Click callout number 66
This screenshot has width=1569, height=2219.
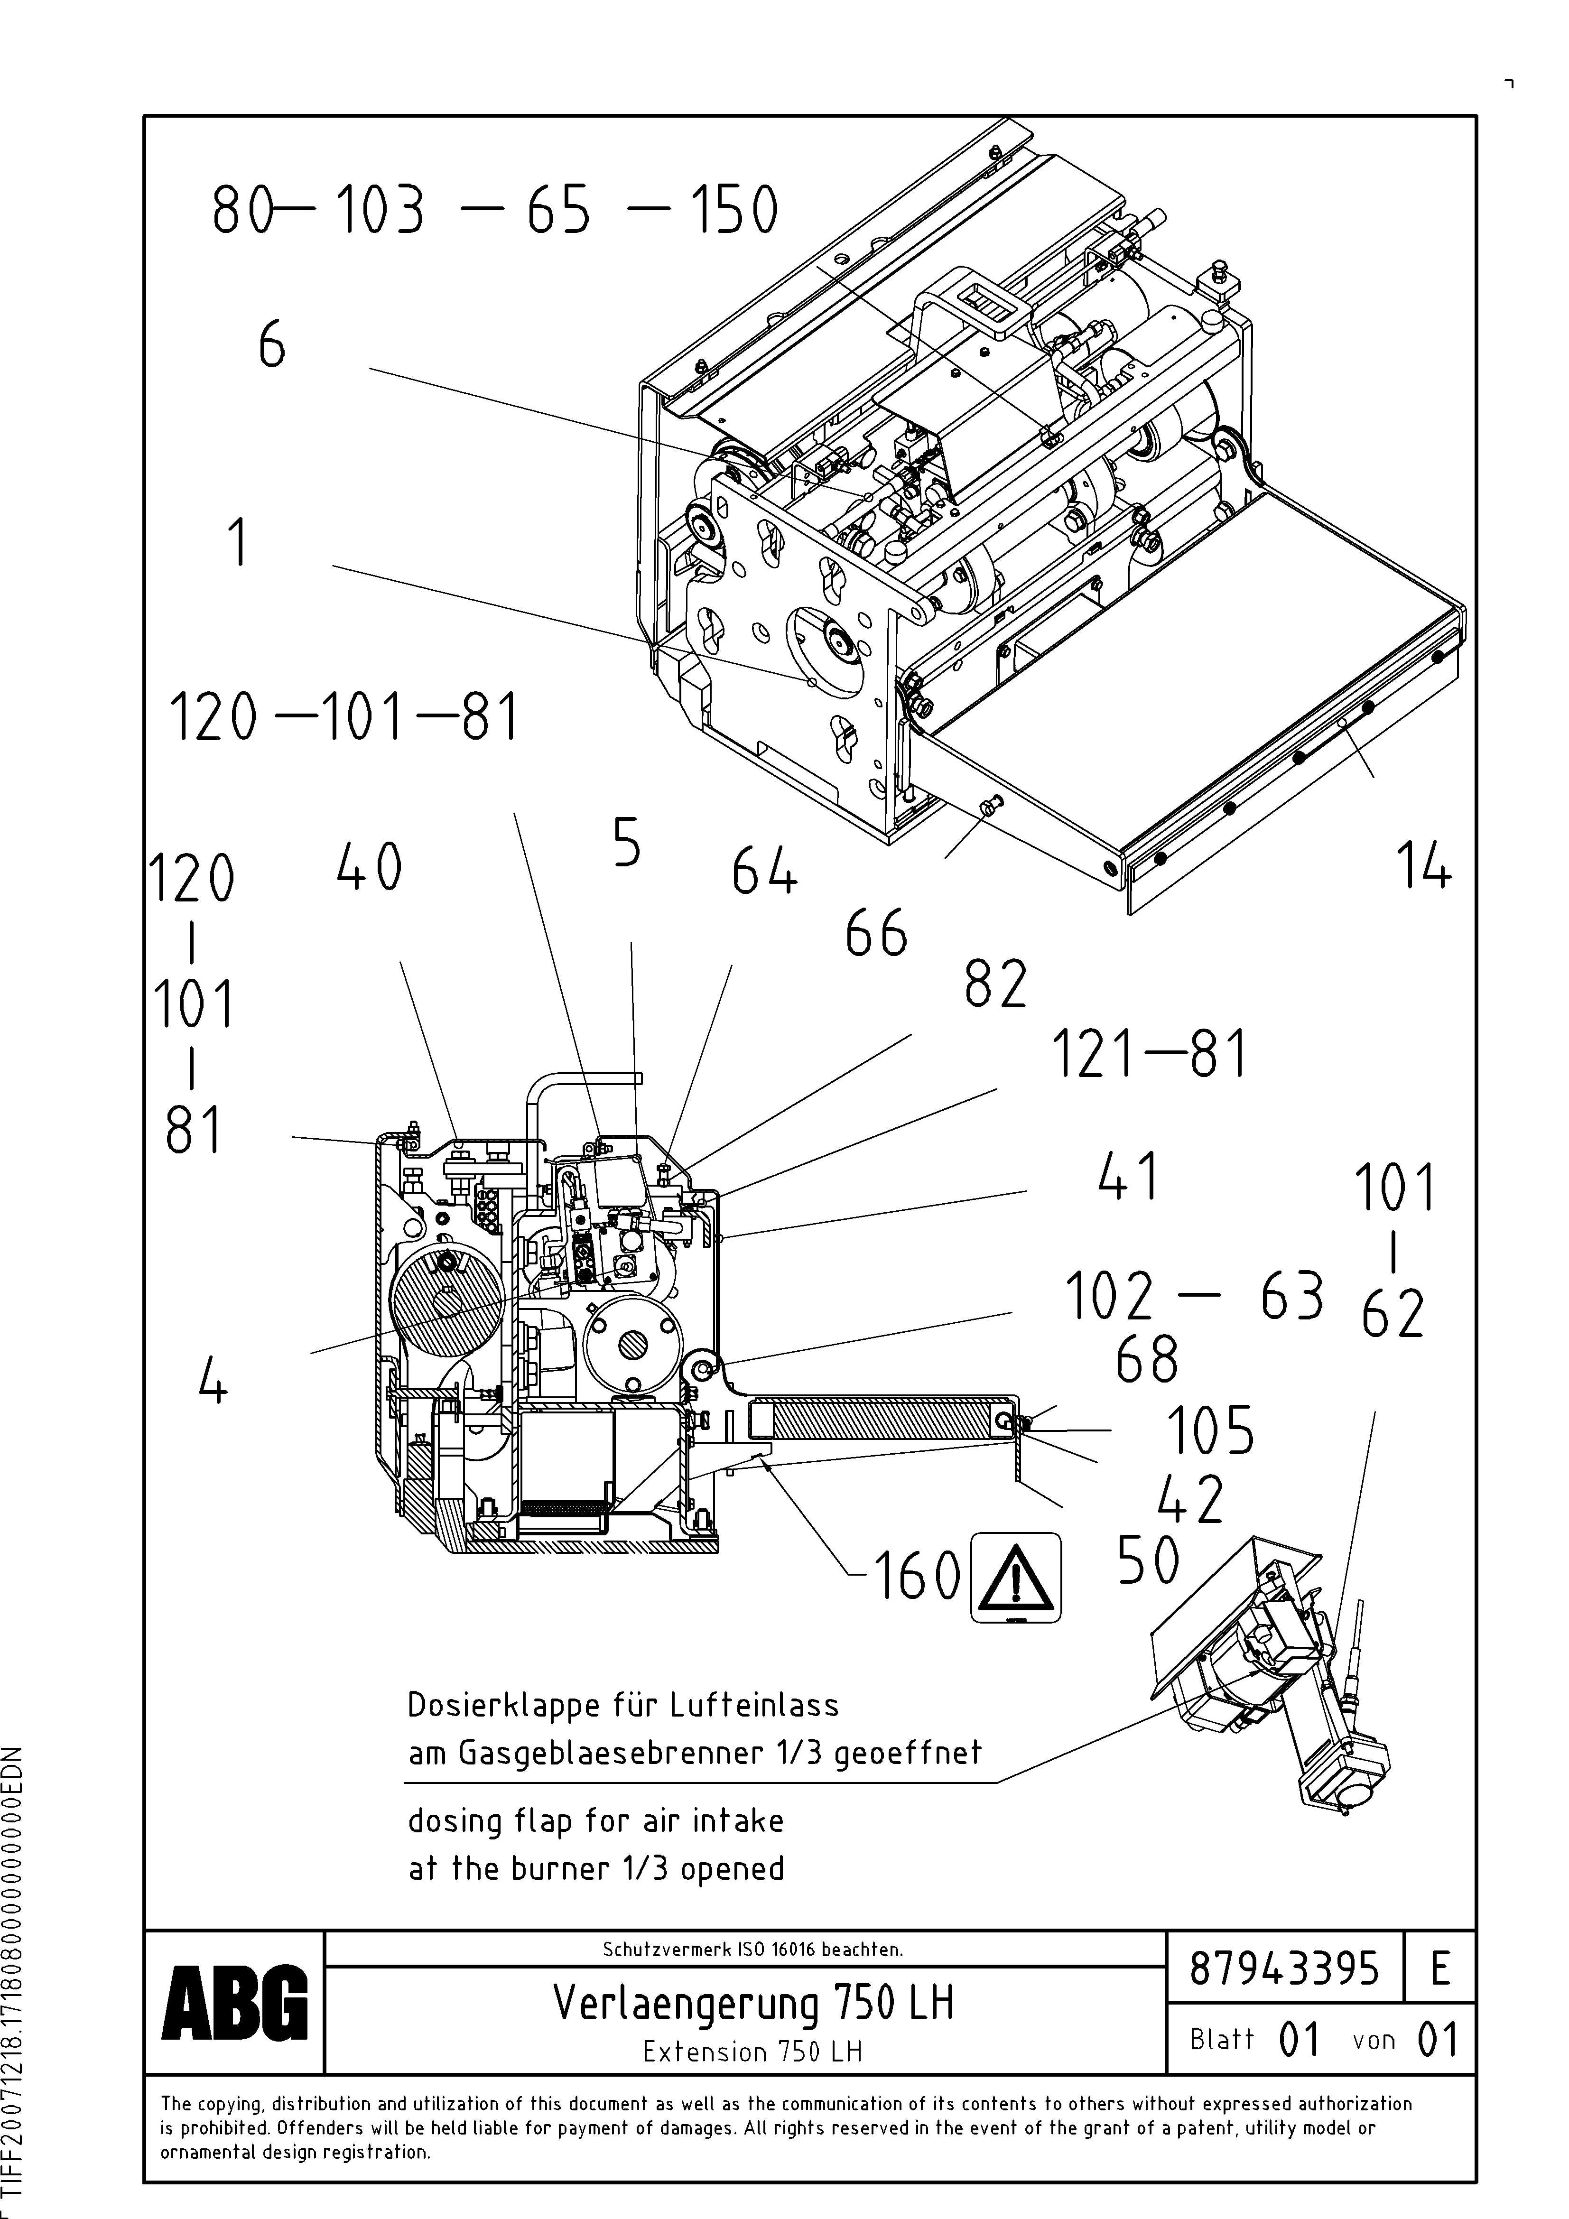point(876,935)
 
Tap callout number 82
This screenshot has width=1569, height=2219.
point(995,986)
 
